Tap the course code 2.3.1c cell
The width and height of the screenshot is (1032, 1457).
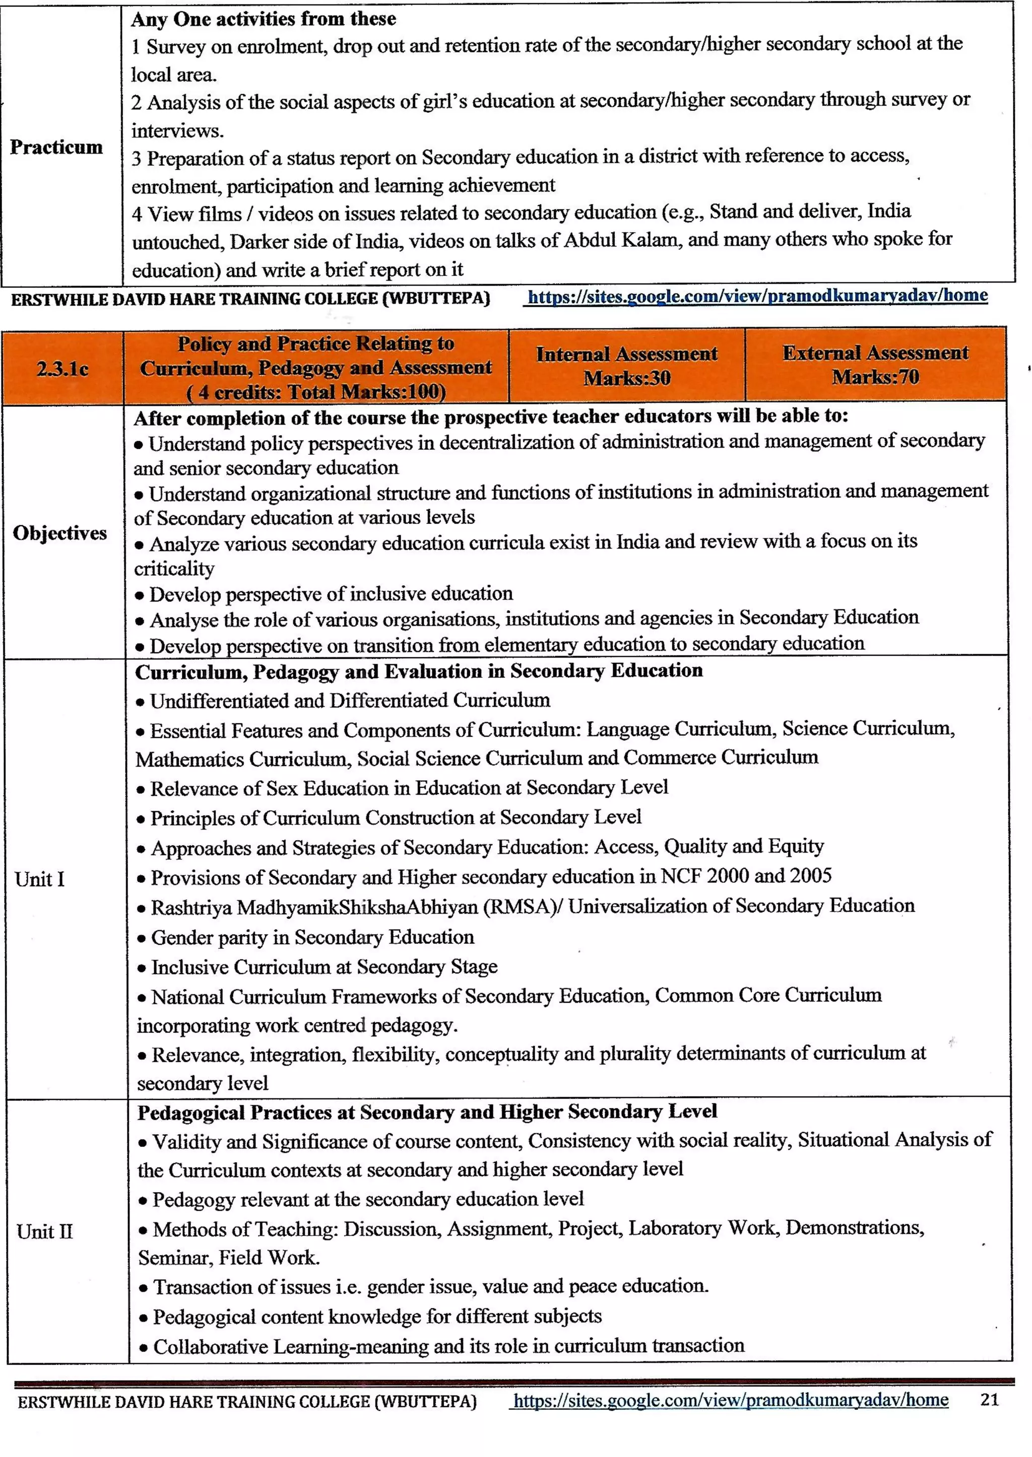62,368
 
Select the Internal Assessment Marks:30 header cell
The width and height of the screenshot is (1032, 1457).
626,365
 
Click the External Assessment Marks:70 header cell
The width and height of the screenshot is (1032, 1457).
875,364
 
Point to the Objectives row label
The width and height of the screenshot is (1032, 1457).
60,532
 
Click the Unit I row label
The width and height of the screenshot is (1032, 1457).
39,879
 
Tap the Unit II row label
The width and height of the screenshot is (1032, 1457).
44,1231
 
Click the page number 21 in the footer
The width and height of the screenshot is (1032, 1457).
990,1399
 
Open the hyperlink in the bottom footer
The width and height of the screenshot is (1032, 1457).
730,1400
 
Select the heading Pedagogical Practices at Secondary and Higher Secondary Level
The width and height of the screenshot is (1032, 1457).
427,1112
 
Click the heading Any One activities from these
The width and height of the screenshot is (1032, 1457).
263,19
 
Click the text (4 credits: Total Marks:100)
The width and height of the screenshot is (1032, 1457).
316,392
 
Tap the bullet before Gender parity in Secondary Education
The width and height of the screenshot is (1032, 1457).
142,939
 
